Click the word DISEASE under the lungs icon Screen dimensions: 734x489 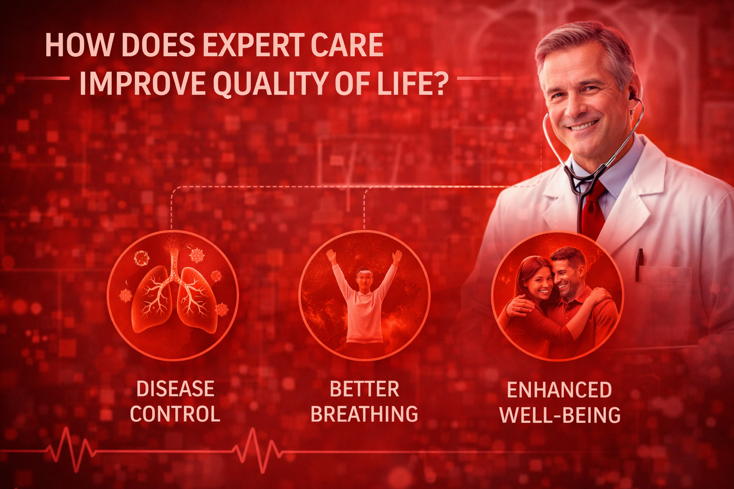(x=175, y=389)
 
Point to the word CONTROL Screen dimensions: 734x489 (x=175, y=414)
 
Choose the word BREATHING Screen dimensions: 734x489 (x=364, y=414)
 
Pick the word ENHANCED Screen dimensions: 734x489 (x=560, y=390)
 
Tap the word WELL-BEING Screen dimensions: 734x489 (x=560, y=415)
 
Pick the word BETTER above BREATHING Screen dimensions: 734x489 (x=364, y=389)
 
